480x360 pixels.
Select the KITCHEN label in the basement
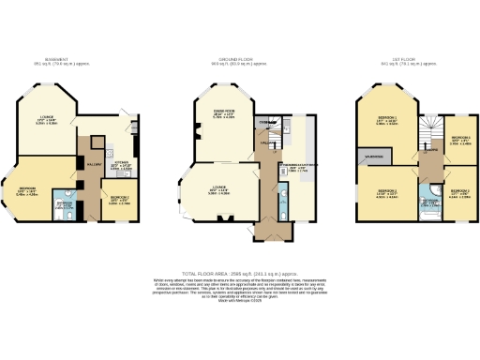tap(121, 166)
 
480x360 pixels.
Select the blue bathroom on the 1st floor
tap(427, 206)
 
